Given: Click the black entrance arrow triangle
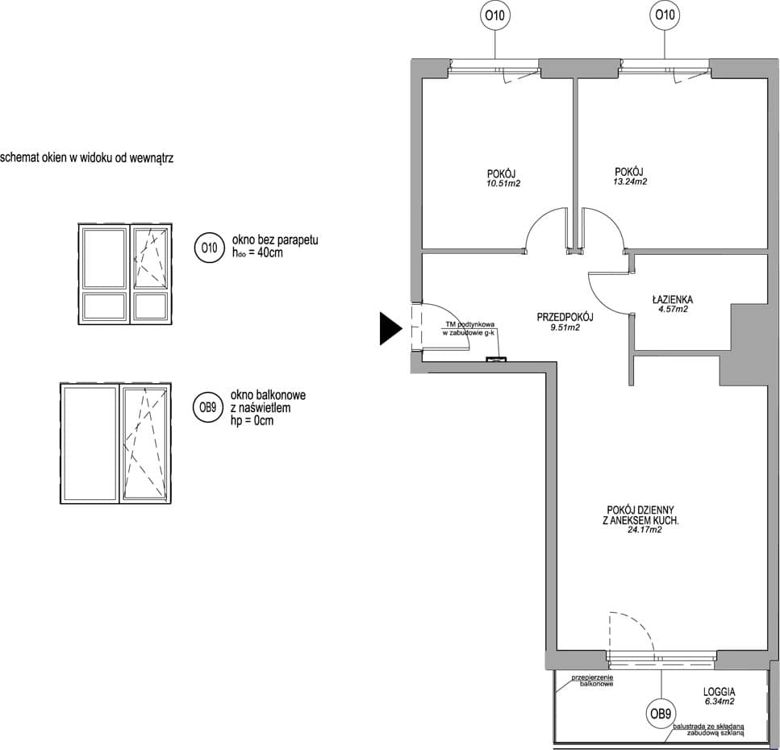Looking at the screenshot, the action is click(x=390, y=328).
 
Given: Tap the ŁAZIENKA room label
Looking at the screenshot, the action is click(x=673, y=299).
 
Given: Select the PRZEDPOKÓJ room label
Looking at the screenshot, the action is click(x=565, y=317).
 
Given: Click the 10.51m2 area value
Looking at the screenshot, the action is click(x=503, y=184).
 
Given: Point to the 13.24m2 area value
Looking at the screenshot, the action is click(x=630, y=182).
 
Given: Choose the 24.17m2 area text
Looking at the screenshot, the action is click(x=644, y=530).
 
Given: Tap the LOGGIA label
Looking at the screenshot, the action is click(x=720, y=692).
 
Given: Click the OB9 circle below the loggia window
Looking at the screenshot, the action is click(x=661, y=715).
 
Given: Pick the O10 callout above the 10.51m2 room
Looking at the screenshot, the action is click(x=495, y=15).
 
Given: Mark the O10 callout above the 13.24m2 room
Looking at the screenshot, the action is click(x=665, y=15).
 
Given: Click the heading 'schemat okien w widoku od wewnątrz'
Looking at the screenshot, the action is click(x=86, y=158).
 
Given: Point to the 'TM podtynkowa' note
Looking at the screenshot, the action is click(x=470, y=325).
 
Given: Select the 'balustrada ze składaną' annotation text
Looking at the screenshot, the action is click(x=709, y=727).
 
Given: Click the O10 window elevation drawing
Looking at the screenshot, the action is click(x=125, y=274).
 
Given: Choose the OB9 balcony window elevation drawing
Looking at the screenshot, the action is click(x=116, y=444).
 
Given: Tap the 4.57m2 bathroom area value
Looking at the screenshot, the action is click(x=673, y=309).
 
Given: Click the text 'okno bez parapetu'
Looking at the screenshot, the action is click(x=275, y=240).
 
